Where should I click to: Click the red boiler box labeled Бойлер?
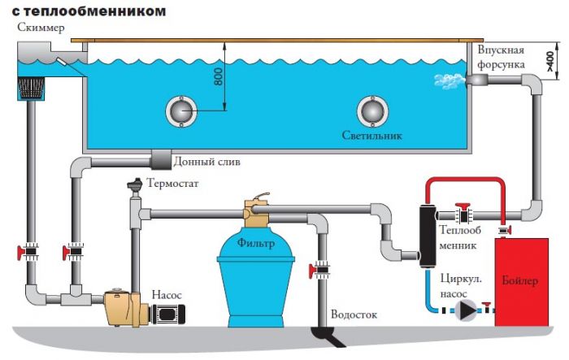pyautogui.click(x=522, y=282)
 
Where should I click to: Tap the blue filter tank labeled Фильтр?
pyautogui.click(x=256, y=275)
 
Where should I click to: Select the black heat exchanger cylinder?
pyautogui.click(x=427, y=236)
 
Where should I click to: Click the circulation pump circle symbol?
pyautogui.click(x=466, y=310)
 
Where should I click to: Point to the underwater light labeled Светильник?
pyautogui.click(x=372, y=111)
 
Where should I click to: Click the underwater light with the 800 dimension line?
pyautogui.click(x=181, y=111)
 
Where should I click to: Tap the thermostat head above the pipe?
pyautogui.click(x=135, y=185)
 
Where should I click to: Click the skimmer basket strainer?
pyautogui.click(x=31, y=89)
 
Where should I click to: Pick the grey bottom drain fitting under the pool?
pyautogui.click(x=161, y=159)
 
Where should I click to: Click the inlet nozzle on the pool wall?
pyautogui.click(x=476, y=80)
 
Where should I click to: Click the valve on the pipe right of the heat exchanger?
pyautogui.click(x=463, y=214)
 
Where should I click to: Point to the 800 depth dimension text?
pyautogui.click(x=219, y=77)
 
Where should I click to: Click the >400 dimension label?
pyautogui.click(x=550, y=61)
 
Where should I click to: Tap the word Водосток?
pyautogui.click(x=354, y=314)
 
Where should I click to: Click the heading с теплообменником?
pyautogui.click(x=89, y=11)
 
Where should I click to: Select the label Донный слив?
pyautogui.click(x=206, y=161)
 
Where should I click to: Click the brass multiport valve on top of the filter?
pyautogui.click(x=256, y=210)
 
